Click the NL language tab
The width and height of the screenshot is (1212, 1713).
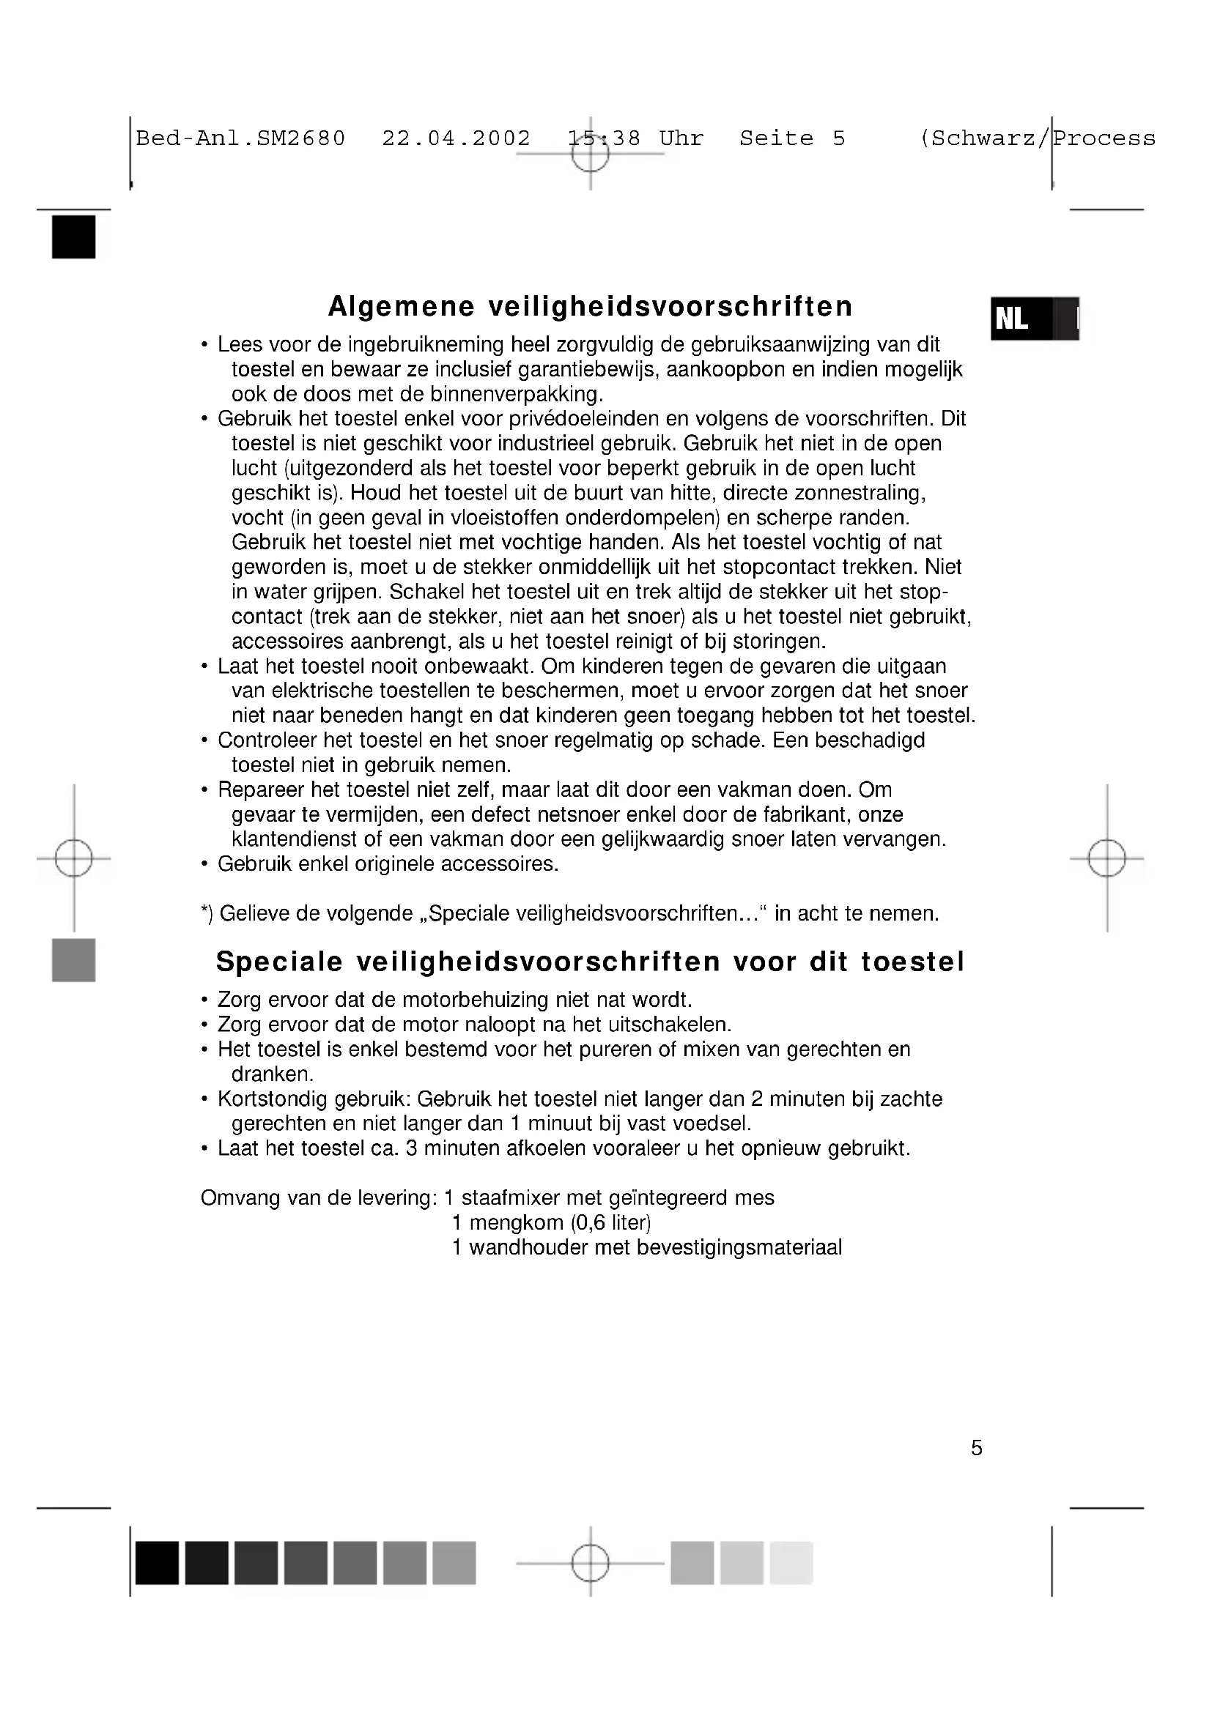1034,319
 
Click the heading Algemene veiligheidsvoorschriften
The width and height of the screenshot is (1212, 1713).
590,307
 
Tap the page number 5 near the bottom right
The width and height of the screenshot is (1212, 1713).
976,1469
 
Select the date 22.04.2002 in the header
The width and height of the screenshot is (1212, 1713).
456,138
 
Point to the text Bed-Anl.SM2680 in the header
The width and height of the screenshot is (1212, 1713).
240,138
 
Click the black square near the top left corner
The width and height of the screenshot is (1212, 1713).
74,237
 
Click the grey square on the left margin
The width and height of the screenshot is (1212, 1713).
74,959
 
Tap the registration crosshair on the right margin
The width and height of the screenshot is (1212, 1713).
1106,858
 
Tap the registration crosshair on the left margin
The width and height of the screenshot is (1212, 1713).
74,858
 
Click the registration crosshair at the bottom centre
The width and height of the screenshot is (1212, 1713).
590,1562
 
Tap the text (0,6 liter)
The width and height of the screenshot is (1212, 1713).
610,1223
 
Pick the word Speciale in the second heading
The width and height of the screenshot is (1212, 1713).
279,962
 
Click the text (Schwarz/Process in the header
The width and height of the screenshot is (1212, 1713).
1038,138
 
